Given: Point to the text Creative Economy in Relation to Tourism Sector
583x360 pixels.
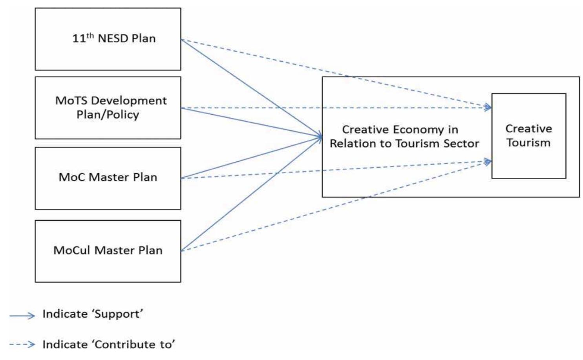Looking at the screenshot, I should [x=404, y=136].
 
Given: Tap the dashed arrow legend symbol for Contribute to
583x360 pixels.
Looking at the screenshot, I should [x=22, y=345].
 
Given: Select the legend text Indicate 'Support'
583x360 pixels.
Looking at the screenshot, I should [x=93, y=314].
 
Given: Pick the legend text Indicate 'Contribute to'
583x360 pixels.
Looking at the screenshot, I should [x=109, y=344].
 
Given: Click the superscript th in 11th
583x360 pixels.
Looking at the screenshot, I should [x=90, y=36].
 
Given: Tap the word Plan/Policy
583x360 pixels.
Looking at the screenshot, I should [x=108, y=115].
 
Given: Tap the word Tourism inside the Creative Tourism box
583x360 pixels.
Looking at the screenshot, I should [x=528, y=143].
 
